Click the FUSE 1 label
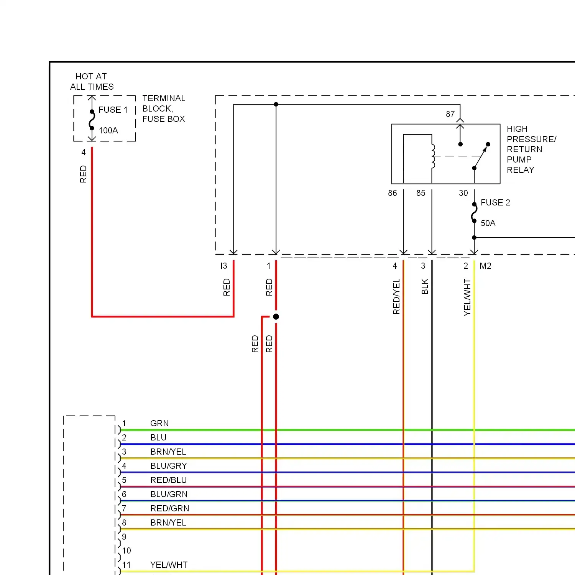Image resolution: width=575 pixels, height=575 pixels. click(x=113, y=110)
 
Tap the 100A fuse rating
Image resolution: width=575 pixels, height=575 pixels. click(x=108, y=130)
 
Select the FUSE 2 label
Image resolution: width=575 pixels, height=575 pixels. click(x=495, y=202)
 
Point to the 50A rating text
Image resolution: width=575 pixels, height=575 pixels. click(x=488, y=223)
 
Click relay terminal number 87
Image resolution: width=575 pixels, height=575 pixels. click(x=450, y=114)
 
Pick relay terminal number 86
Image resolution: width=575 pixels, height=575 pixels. click(x=392, y=193)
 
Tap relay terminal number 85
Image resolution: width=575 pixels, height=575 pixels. click(x=421, y=193)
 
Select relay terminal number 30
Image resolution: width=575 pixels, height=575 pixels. click(x=463, y=193)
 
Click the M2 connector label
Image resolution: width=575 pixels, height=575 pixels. click(x=485, y=266)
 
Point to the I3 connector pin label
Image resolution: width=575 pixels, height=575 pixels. click(x=224, y=266)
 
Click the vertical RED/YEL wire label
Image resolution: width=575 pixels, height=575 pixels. click(x=396, y=296)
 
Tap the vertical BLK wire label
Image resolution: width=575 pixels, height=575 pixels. click(x=425, y=286)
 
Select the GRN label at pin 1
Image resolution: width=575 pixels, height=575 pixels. click(x=159, y=423)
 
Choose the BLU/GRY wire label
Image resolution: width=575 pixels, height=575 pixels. click(x=169, y=466)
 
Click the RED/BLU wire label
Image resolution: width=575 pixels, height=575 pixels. click(x=169, y=480)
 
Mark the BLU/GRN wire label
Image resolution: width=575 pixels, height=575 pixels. click(x=169, y=494)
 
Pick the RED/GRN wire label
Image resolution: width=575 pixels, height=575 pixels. click(x=170, y=508)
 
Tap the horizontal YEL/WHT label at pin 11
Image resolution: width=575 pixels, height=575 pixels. click(x=169, y=565)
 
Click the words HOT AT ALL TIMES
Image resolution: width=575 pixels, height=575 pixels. click(x=92, y=81)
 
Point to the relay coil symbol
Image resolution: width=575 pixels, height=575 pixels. click(x=433, y=156)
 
